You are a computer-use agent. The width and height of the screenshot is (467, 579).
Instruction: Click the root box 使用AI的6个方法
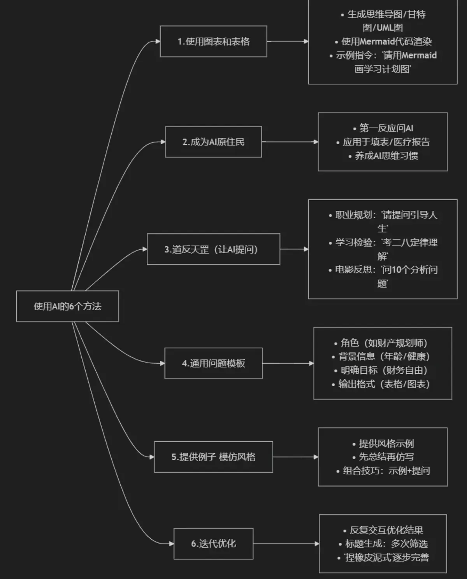67,306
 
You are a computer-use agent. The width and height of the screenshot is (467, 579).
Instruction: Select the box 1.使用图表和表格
213,41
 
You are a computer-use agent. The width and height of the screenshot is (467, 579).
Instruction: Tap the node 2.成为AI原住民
213,142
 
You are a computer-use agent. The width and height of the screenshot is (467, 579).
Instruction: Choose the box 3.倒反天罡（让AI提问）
213,249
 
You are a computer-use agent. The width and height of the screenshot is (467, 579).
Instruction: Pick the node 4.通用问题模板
213,363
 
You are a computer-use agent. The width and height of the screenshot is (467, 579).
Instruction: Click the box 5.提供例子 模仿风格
213,457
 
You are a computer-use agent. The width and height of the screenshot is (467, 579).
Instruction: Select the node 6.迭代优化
213,544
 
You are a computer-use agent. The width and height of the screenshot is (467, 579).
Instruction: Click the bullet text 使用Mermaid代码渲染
386,42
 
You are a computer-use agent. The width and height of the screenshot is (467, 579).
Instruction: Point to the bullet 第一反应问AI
386,128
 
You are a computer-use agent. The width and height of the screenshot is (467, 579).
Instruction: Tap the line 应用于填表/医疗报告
386,142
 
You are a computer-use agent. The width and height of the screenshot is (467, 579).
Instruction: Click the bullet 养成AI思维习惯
386,156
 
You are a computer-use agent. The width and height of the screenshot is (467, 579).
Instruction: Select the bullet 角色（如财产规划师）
383,343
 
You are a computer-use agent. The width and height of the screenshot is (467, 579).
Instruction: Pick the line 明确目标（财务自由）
383,370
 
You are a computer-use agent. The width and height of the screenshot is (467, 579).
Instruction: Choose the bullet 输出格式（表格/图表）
383,384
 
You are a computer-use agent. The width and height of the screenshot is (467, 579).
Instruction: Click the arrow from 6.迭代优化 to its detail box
286,544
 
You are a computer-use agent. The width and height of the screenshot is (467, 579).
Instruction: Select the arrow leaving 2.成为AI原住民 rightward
290,142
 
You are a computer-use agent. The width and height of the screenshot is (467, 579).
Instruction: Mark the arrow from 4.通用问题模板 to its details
288,363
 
